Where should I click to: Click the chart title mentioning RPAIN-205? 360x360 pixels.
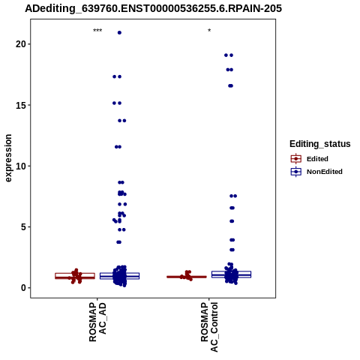coord(153,8)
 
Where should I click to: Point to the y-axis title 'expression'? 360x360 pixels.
coord(8,158)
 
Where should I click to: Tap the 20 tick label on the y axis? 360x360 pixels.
coord(21,44)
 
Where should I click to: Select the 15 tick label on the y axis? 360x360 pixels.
coord(21,105)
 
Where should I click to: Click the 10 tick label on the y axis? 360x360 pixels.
coord(21,166)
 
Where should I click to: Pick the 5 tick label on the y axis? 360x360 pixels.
coord(23,227)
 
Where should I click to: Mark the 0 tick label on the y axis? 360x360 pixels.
coord(23,288)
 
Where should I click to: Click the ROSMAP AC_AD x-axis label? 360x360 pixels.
coord(97,322)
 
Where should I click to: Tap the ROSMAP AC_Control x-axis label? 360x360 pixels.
coord(209,327)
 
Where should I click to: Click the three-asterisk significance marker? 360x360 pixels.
coord(97,31)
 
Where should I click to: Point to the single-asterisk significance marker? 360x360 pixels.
coord(209,31)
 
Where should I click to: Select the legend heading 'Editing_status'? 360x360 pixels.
coord(320,144)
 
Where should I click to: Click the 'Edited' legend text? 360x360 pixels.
coord(317,159)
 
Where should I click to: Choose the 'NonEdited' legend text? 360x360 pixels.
coord(325,172)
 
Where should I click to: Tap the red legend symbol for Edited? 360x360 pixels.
coord(296,159)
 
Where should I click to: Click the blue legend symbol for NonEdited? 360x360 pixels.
coord(296,172)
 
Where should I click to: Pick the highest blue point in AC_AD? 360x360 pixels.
coord(119,32)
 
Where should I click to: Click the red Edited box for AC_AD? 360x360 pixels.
coord(75,276)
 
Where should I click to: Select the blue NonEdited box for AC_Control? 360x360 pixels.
coord(231,274)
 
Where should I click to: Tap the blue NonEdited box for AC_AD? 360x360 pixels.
coord(119,276)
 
